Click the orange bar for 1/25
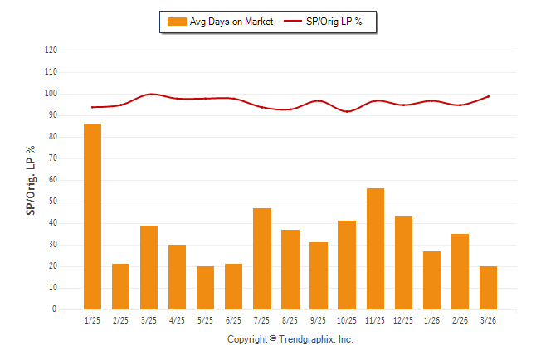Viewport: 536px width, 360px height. (x=92, y=216)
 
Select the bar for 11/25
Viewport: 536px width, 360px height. (x=375, y=249)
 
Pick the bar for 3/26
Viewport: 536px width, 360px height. (x=488, y=288)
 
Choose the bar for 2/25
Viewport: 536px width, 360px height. (x=120, y=287)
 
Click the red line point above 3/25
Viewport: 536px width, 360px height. (x=149, y=94)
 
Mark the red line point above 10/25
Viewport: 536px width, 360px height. (x=347, y=111)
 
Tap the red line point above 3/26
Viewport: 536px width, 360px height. (x=488, y=96)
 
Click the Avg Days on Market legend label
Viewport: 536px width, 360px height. (x=231, y=22)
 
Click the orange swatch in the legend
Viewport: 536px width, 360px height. (x=177, y=22)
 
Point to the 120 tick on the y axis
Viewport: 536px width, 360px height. (x=51, y=51)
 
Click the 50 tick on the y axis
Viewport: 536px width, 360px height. (x=53, y=202)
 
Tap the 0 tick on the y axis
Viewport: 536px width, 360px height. (x=55, y=309)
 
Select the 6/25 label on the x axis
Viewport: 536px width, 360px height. (x=233, y=320)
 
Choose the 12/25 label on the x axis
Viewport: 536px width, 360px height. (x=403, y=320)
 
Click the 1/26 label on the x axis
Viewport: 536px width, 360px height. (x=431, y=320)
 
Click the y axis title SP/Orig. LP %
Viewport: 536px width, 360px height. (x=31, y=180)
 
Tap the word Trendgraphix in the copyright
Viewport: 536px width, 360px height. (x=306, y=340)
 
